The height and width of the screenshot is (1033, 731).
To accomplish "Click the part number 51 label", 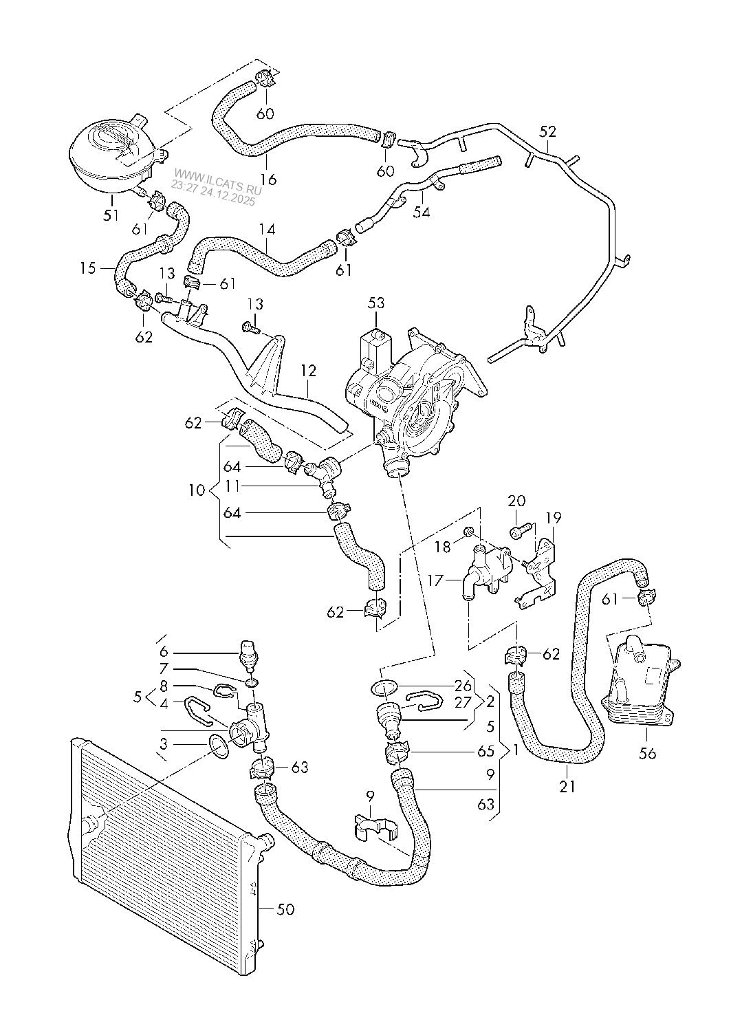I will coord(111,215).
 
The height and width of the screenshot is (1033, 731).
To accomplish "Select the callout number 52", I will coord(547,131).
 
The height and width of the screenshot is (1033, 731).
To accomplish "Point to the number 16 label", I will coord(268,180).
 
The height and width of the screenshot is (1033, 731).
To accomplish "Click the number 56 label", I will coord(647,753).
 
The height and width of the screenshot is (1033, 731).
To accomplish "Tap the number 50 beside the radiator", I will coord(285,909).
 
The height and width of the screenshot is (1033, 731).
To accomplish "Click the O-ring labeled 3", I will coord(220,747).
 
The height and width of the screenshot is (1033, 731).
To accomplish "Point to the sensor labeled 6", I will coord(248,653).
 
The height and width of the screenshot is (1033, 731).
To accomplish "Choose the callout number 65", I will coord(485,752).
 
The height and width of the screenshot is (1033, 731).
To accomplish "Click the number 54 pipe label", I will coord(421,213).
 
